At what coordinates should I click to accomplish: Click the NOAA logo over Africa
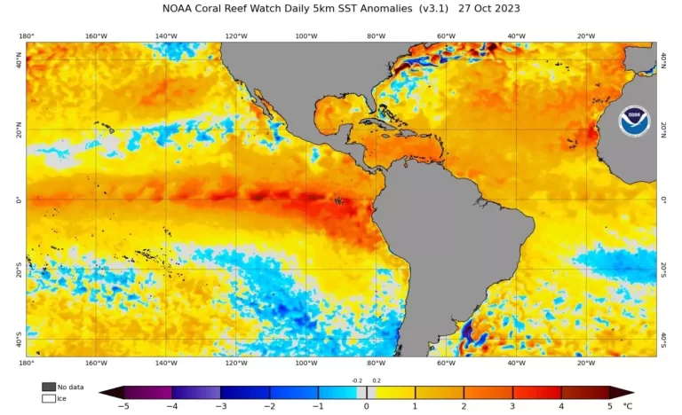point(634,121)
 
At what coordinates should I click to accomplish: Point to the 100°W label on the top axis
point(305,36)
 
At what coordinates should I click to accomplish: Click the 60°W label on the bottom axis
point(446,363)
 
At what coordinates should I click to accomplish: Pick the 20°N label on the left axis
point(18,130)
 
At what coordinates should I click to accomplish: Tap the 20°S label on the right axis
point(665,269)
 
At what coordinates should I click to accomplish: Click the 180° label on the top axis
point(27,36)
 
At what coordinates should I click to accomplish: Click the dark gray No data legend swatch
point(48,387)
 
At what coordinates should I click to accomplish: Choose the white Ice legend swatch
point(48,398)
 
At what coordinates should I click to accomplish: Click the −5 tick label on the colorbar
point(123,406)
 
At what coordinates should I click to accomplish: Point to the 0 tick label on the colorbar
point(366,406)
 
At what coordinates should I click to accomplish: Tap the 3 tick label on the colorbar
point(512,406)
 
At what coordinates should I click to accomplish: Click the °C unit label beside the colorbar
point(628,406)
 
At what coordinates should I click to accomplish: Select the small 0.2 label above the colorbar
point(376,380)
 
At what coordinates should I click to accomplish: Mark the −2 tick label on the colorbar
point(269,406)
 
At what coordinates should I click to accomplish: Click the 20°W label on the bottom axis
point(586,363)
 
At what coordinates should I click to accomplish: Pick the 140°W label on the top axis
point(165,36)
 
